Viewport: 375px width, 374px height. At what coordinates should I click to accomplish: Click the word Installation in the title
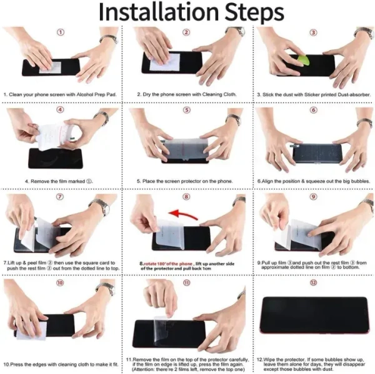click(158, 12)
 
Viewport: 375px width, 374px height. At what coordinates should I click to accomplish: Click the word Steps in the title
click(254, 13)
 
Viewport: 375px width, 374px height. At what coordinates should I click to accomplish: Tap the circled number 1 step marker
click(61, 32)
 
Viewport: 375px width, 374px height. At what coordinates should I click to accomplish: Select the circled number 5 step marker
click(186, 110)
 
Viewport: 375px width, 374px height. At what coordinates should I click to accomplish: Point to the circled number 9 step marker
click(313, 197)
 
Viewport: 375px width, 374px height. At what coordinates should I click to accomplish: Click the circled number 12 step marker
click(313, 282)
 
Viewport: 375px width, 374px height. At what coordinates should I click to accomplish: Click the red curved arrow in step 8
click(183, 214)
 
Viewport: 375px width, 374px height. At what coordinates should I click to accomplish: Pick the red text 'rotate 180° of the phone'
click(168, 264)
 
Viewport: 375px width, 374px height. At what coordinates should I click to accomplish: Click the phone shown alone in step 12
click(314, 315)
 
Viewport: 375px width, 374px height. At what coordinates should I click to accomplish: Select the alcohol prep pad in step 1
click(50, 67)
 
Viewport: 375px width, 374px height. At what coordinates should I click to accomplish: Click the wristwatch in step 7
click(101, 207)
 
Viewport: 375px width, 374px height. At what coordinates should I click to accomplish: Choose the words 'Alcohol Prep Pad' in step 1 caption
click(96, 95)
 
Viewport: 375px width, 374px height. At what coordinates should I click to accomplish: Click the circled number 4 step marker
click(60, 110)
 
